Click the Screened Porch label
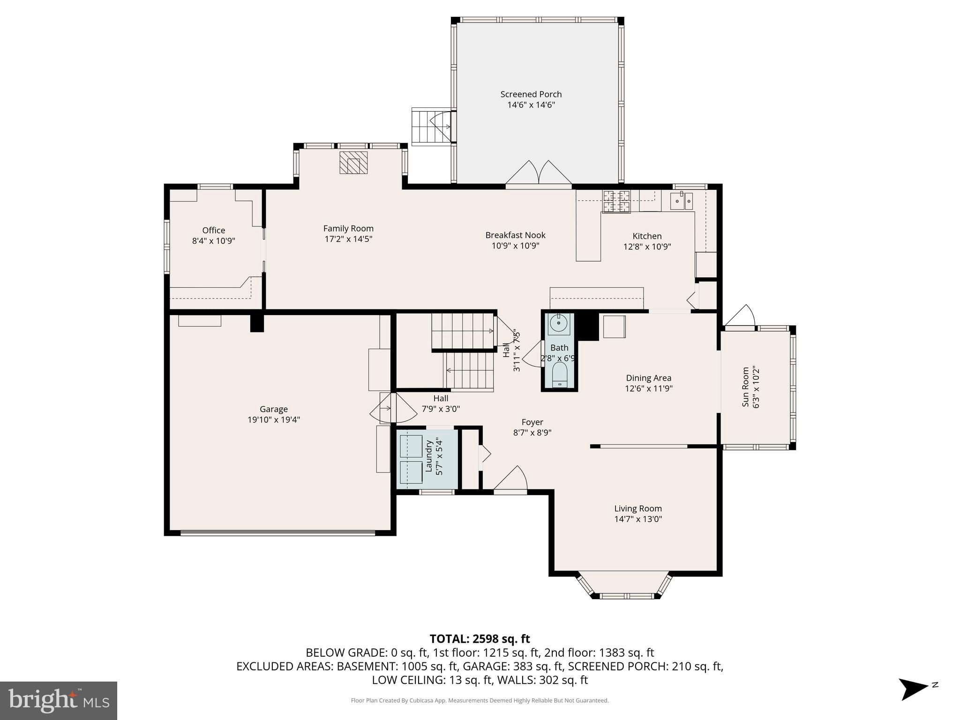click(x=531, y=94)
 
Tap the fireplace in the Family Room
click(x=353, y=163)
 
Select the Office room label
click(x=214, y=230)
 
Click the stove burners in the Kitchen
click(x=616, y=202)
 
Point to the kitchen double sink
click(x=682, y=201)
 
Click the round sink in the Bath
click(x=559, y=323)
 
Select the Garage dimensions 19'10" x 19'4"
click(x=274, y=420)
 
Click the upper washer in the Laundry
click(x=411, y=446)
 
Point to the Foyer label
click(x=532, y=422)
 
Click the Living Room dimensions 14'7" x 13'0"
click(x=638, y=519)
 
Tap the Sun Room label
click(x=745, y=387)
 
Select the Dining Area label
click(x=648, y=378)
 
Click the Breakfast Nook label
click(x=515, y=235)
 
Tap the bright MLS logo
click(x=59, y=700)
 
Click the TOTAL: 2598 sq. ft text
click(x=480, y=638)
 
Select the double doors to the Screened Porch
click(x=539, y=174)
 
